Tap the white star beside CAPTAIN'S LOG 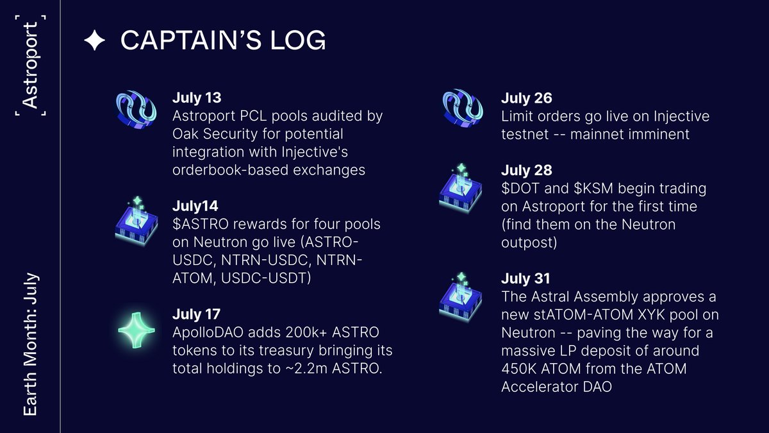pos(94,41)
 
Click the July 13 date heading pos(196,99)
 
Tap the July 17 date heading pos(196,315)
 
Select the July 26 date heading pos(525,99)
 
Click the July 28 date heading pos(525,171)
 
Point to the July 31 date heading pos(525,279)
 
